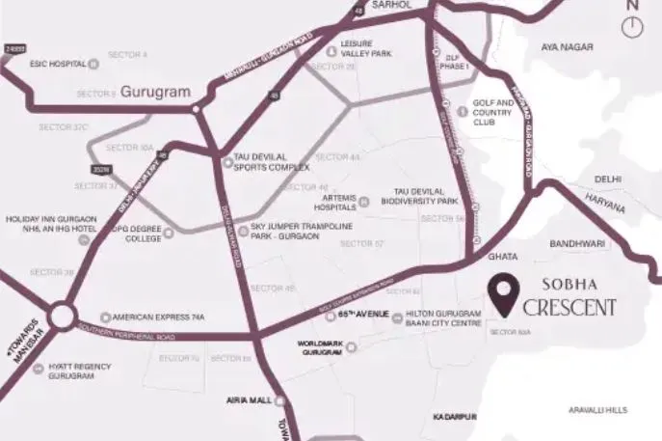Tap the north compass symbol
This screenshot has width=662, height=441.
pos(632,25)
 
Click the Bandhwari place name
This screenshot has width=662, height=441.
pos(575,245)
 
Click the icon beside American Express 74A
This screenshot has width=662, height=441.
pos(106,317)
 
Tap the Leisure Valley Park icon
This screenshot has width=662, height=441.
pos(331,52)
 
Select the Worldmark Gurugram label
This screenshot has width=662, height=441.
pos(321,348)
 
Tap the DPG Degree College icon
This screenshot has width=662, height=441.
pos(167,232)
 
